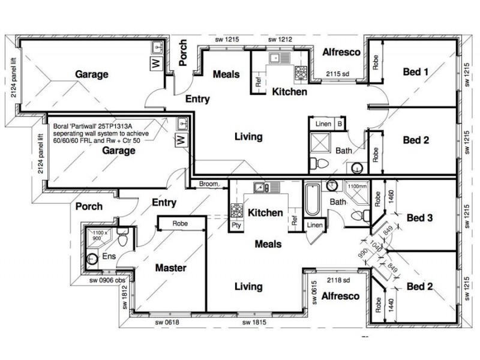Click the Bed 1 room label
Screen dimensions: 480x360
coord(415,72)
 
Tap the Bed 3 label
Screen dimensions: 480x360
coord(419,218)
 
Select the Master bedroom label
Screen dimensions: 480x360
coord(171,268)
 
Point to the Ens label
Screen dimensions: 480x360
coord(109,256)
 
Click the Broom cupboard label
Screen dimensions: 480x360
coord(208,184)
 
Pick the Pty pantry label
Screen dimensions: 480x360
coord(236,226)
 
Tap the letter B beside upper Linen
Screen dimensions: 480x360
coord(340,124)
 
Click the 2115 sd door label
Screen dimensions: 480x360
coord(337,74)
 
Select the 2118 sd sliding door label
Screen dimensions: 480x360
coord(338,280)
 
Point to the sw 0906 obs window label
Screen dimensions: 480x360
coord(107,280)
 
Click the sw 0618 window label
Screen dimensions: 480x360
coord(167,322)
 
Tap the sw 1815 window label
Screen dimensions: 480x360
coord(254,322)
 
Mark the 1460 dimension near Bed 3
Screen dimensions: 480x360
coord(391,197)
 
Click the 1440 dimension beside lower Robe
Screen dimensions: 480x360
coord(391,305)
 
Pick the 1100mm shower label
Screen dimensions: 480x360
coord(357,186)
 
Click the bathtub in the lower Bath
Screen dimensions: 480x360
coord(312,200)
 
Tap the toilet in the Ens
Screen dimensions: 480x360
coord(123,238)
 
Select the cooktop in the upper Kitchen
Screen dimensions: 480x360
coord(301,72)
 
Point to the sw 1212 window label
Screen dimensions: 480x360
coord(280,39)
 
